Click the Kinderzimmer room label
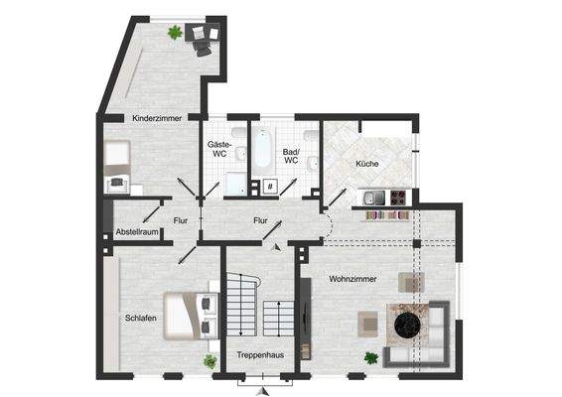coord(156,118)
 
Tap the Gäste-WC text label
coord(218,149)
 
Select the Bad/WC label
coord(291,154)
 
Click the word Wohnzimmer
coord(353,280)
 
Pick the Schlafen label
coord(140,319)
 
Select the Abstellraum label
coord(137,232)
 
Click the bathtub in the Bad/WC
coord(261,150)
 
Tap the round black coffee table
coord(408,324)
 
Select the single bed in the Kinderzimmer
coord(117,156)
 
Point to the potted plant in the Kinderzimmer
coord(175,33)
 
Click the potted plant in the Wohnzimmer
coord(370,357)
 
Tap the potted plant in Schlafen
coord(210,361)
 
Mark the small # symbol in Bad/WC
coord(269,186)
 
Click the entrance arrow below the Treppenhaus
coord(262,390)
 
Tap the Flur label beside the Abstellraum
coord(181,221)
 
